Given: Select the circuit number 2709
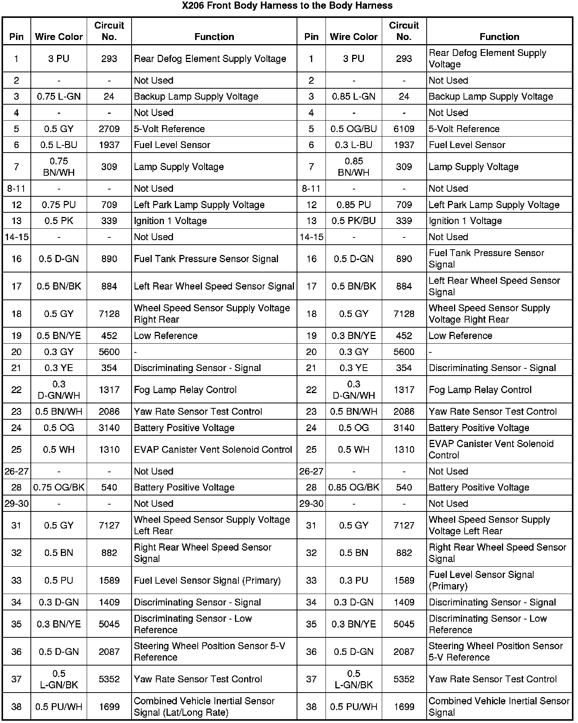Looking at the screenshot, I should (x=109, y=129).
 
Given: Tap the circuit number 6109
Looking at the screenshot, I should (x=404, y=129).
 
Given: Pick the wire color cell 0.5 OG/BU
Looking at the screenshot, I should (x=354, y=129).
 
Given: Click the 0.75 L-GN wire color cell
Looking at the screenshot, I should (x=59, y=97).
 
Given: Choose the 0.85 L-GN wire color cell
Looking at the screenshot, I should (x=354, y=97).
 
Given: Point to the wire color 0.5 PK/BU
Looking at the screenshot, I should (x=354, y=221).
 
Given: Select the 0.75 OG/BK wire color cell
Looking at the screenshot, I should (x=59, y=487).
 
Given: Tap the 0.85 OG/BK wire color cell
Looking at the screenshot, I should (x=354, y=487).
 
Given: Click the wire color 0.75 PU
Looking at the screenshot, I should (x=59, y=205).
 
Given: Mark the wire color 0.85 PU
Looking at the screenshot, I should (x=354, y=205).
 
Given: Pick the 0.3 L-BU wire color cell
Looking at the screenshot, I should (x=354, y=145).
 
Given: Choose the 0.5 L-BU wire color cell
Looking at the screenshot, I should (x=59, y=145).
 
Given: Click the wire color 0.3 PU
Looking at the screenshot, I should (x=354, y=581).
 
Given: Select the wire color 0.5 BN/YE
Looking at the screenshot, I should (x=59, y=336).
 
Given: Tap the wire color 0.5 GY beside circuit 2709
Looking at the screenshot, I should (x=59, y=129).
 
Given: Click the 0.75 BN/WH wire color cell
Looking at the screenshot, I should (x=59, y=167).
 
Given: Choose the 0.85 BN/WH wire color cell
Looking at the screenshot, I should (x=354, y=167).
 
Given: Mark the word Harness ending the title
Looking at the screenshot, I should (x=375, y=6).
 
